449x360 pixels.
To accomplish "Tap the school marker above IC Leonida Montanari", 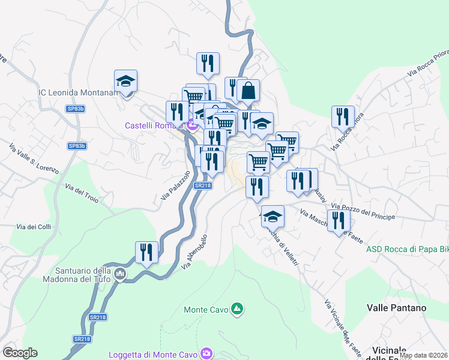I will click(x=126, y=82).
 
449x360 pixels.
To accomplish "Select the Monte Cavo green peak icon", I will click(x=238, y=309).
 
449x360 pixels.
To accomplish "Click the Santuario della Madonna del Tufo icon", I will click(x=120, y=275).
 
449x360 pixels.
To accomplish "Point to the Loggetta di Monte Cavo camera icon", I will click(x=207, y=353).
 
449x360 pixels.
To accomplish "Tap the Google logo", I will click(x=20, y=353).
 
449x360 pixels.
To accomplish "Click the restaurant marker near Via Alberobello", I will click(x=146, y=253).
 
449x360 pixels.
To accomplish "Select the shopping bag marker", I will click(x=248, y=91).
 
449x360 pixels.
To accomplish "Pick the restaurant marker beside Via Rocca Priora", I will click(x=343, y=117).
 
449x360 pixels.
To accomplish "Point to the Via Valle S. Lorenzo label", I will click(x=34, y=158).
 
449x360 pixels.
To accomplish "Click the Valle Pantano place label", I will click(x=396, y=308).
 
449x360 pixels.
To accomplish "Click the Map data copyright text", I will click(x=423, y=355).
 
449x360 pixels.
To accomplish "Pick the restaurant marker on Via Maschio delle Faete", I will click(x=339, y=220).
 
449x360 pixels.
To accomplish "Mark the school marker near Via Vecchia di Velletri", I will click(x=273, y=216).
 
